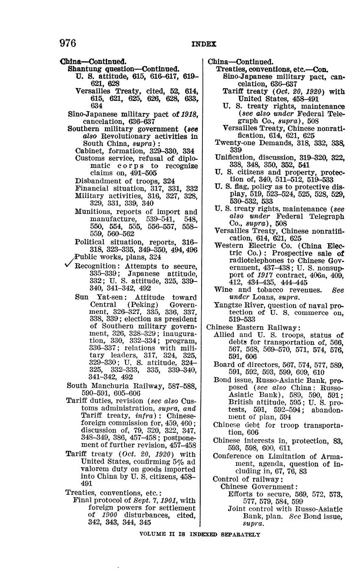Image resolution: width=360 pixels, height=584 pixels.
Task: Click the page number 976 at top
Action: (68, 43)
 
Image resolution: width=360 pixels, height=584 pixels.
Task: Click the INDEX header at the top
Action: (204, 44)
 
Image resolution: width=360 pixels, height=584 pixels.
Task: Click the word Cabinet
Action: (87, 150)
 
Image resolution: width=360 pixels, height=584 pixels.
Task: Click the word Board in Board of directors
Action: (224, 365)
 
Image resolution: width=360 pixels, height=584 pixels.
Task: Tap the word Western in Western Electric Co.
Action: (229, 246)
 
